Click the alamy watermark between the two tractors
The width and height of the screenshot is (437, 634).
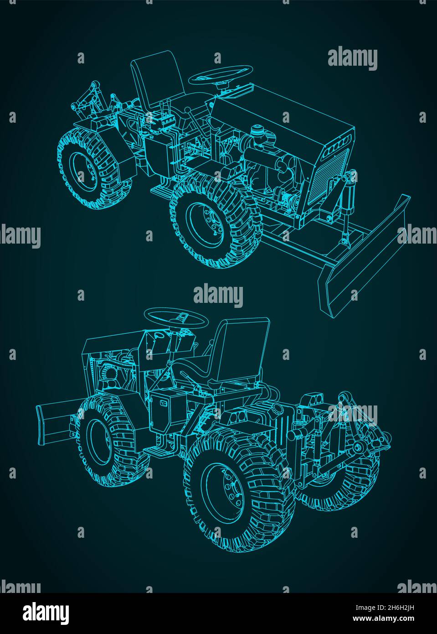pyautogui.click(x=218, y=296)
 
